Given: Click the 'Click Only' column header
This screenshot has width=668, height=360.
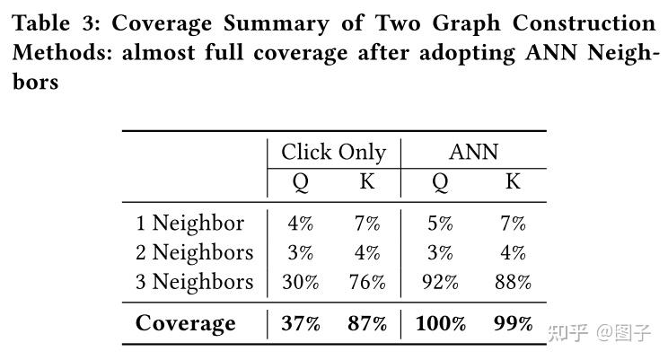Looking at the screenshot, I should [x=333, y=153].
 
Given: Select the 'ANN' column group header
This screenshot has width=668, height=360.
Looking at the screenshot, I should [x=473, y=153].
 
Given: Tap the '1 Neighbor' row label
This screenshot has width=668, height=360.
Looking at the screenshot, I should [x=189, y=223].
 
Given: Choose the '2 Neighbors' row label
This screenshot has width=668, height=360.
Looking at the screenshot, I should [x=195, y=252].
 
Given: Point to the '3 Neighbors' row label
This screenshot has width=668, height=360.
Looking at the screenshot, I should [x=195, y=282].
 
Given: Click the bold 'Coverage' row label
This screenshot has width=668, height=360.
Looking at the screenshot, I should [x=185, y=323].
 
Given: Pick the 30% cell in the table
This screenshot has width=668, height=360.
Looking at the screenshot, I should [x=301, y=282].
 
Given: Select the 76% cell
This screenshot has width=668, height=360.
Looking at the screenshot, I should [x=366, y=282].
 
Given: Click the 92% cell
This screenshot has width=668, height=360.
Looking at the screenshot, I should [x=440, y=282].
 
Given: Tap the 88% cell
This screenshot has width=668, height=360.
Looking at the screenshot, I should [x=512, y=282].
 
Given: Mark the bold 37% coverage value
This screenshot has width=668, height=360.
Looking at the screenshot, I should [x=301, y=323].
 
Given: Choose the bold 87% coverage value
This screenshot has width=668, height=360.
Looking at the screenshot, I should [x=366, y=323].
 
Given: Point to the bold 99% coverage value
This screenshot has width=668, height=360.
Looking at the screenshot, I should [x=513, y=323].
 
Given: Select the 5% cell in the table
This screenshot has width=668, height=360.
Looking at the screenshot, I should [x=440, y=223].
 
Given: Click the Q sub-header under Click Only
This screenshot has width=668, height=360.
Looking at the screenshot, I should [x=301, y=183].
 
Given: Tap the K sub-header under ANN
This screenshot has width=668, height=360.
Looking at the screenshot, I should [x=513, y=182].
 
